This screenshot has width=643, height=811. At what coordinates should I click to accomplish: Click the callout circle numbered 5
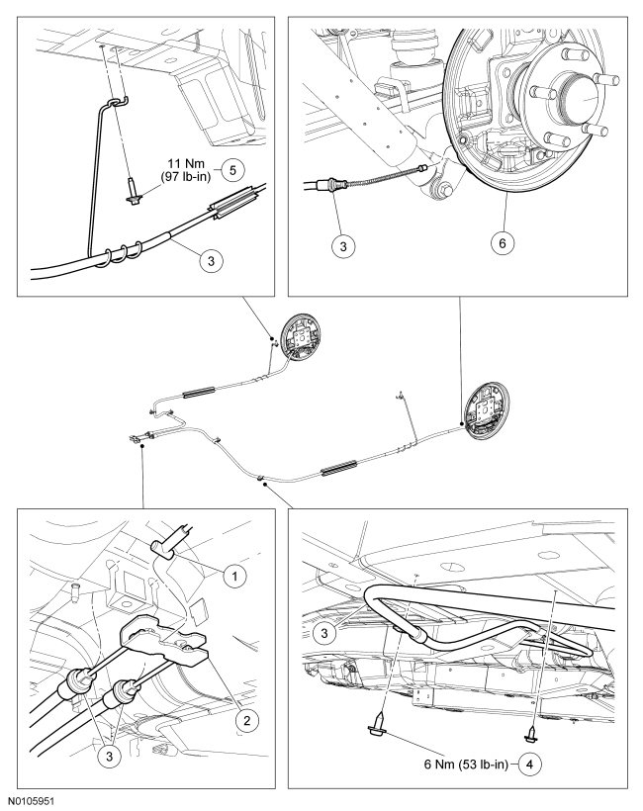coord(232,170)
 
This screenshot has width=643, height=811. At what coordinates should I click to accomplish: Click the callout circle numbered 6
coord(503,242)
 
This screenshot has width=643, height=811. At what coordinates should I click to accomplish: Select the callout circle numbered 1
coord(234,576)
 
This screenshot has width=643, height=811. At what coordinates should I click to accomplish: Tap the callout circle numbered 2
coord(246,720)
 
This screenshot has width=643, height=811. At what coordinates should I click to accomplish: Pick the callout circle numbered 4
coord(529,765)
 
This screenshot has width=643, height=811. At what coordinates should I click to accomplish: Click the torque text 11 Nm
coord(186,164)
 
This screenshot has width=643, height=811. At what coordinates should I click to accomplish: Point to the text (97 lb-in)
coord(186,177)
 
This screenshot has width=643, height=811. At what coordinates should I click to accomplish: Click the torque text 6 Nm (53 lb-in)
coord(466,765)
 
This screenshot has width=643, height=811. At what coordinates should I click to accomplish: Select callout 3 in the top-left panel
coord(211,260)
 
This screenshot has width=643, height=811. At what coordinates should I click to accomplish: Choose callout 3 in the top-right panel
coord(343,245)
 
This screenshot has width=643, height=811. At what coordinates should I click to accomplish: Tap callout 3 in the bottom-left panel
coord(109,757)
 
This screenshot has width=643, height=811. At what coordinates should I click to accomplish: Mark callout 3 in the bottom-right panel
coord(324,633)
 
